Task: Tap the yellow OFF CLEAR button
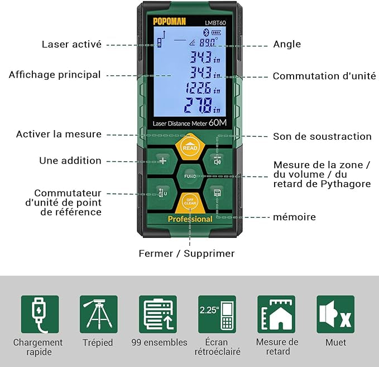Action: [x=190, y=203]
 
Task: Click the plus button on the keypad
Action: [x=163, y=161]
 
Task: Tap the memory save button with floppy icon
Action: [x=217, y=193]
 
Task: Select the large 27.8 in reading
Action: [x=202, y=105]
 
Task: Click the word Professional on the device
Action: [x=190, y=219]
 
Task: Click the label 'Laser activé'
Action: [x=71, y=44]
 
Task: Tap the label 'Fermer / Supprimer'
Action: [x=186, y=254]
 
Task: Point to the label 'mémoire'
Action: [x=294, y=217]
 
